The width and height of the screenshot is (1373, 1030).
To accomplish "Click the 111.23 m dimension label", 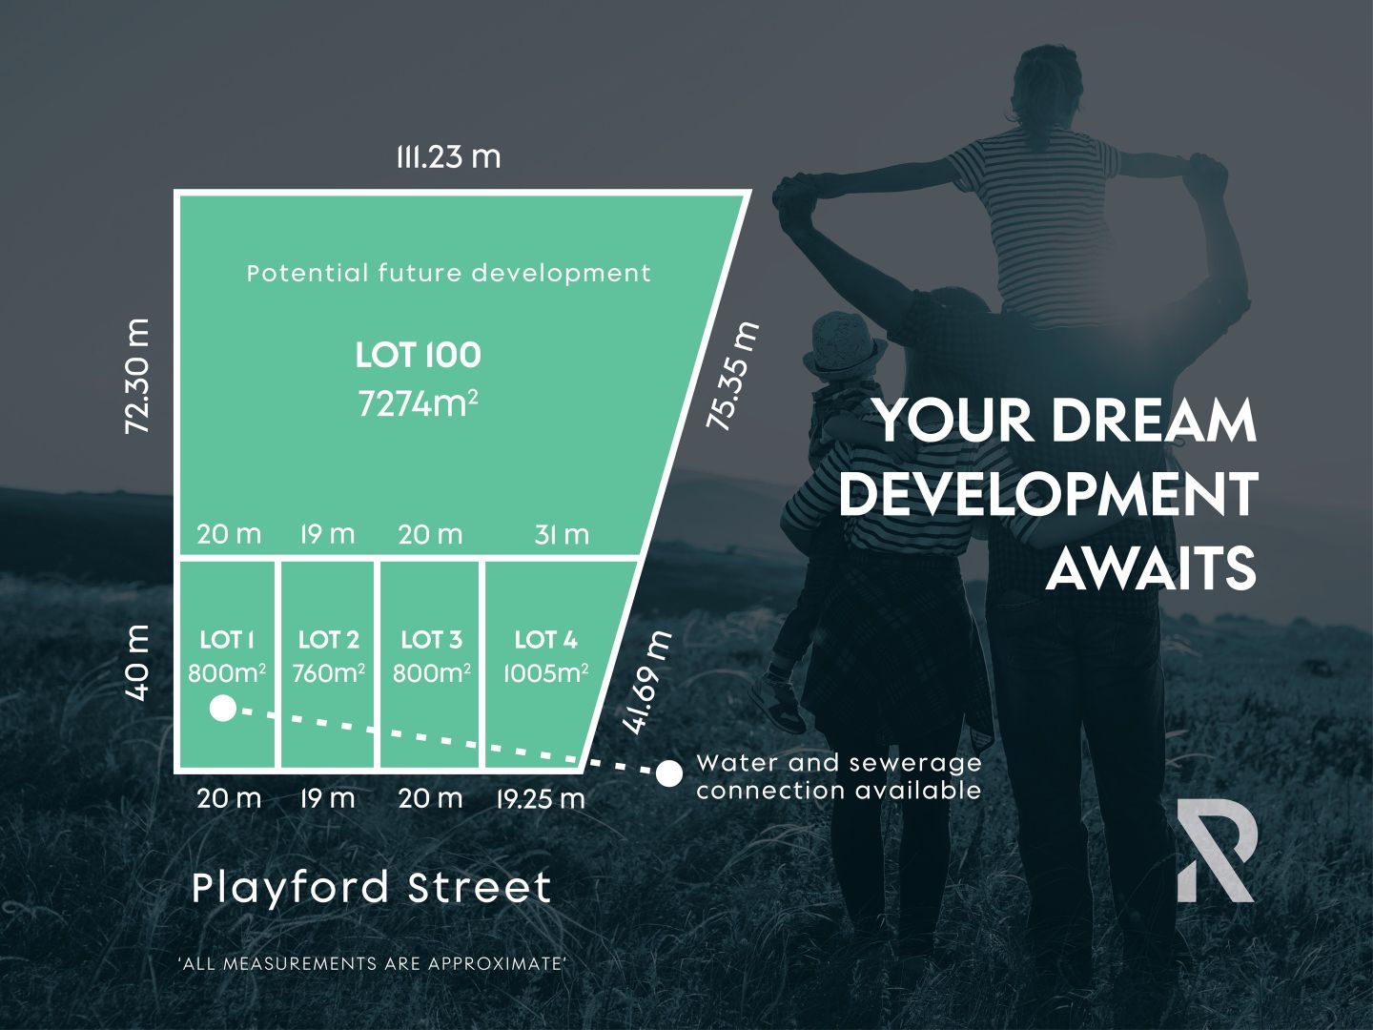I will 448,156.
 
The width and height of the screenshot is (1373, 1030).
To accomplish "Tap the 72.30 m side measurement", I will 138,377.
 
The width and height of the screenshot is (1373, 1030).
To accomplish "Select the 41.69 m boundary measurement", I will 647,682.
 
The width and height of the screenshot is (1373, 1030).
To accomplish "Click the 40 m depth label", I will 138,663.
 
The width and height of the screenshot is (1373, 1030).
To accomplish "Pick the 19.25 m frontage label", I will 540,798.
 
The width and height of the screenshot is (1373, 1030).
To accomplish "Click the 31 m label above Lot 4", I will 562,535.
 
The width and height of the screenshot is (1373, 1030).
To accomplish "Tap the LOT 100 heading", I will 418,356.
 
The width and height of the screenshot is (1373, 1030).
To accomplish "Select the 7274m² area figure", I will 418,403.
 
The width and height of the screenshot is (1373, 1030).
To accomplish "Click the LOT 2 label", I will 328,640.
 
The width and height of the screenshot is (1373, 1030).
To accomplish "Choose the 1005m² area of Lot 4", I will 545,673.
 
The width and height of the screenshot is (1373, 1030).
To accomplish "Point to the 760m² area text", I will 328,673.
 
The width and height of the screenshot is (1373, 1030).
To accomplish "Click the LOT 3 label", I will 431,640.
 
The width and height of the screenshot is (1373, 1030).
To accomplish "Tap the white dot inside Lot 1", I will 223,709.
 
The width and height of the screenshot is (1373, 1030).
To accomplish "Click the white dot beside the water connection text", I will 669,773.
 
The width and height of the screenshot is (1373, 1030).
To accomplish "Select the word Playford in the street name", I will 291,888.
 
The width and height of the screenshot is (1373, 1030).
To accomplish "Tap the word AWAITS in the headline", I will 1151,569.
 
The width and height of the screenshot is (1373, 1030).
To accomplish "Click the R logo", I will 1217,851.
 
